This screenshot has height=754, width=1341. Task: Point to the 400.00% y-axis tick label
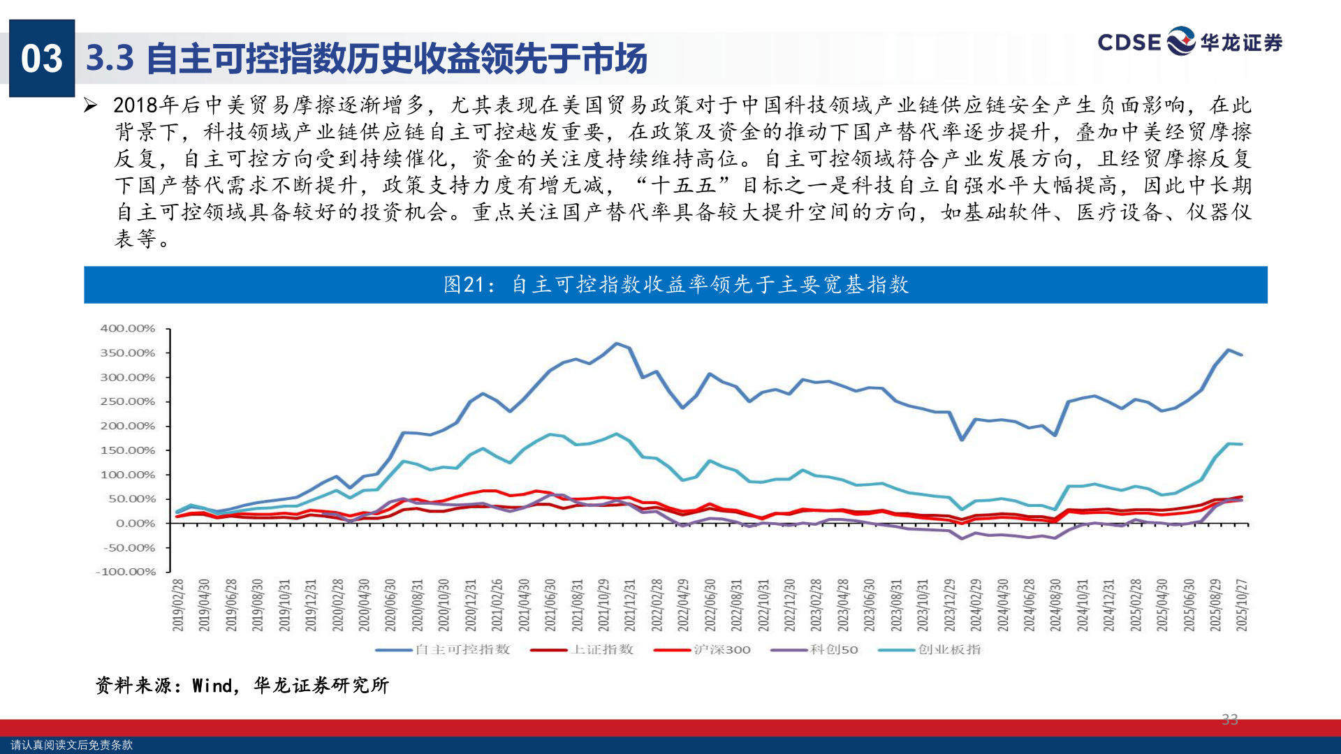pyautogui.click(x=128, y=328)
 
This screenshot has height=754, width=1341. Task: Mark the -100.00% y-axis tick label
pyautogui.click(x=126, y=572)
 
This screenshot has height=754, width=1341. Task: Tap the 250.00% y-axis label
pyautogui.click(x=128, y=401)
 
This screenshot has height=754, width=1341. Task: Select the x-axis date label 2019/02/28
pyautogui.click(x=178, y=605)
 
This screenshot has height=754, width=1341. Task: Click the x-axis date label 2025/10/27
pyautogui.click(x=1242, y=605)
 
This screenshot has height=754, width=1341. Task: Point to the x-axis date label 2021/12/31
pyautogui.click(x=630, y=605)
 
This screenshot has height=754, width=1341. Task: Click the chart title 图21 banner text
pyautogui.click(x=675, y=285)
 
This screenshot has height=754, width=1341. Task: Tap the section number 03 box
pyautogui.click(x=42, y=59)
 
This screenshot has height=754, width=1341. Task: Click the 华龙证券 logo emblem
pyautogui.click(x=1181, y=41)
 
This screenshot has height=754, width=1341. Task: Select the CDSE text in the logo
pyautogui.click(x=1129, y=43)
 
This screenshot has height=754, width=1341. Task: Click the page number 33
pyautogui.click(x=1230, y=719)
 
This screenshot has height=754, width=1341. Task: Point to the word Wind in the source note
pyautogui.click(x=212, y=686)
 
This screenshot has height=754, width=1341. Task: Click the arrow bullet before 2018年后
pyautogui.click(x=90, y=105)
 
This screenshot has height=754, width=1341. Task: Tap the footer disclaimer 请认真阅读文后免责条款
pyautogui.click(x=71, y=745)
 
